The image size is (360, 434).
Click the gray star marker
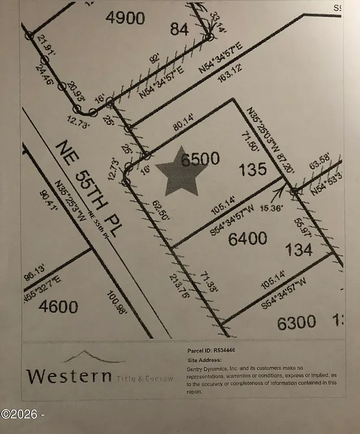pyautogui.click(x=179, y=171)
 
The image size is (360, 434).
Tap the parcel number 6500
pyautogui.click(x=200, y=159)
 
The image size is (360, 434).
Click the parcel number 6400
pyautogui.click(x=248, y=239)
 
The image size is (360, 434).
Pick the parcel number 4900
pyautogui.click(x=125, y=18)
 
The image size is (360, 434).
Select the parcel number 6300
pyautogui.click(x=296, y=323)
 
